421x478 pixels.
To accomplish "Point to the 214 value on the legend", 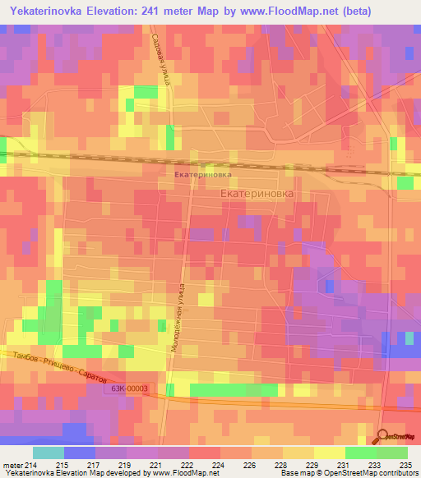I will click(x=35, y=466).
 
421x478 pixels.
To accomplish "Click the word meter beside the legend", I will click(x=13, y=466).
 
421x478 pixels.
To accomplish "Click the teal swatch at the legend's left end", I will click(x=48, y=453).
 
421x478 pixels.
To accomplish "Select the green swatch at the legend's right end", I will click(x=391, y=453).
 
